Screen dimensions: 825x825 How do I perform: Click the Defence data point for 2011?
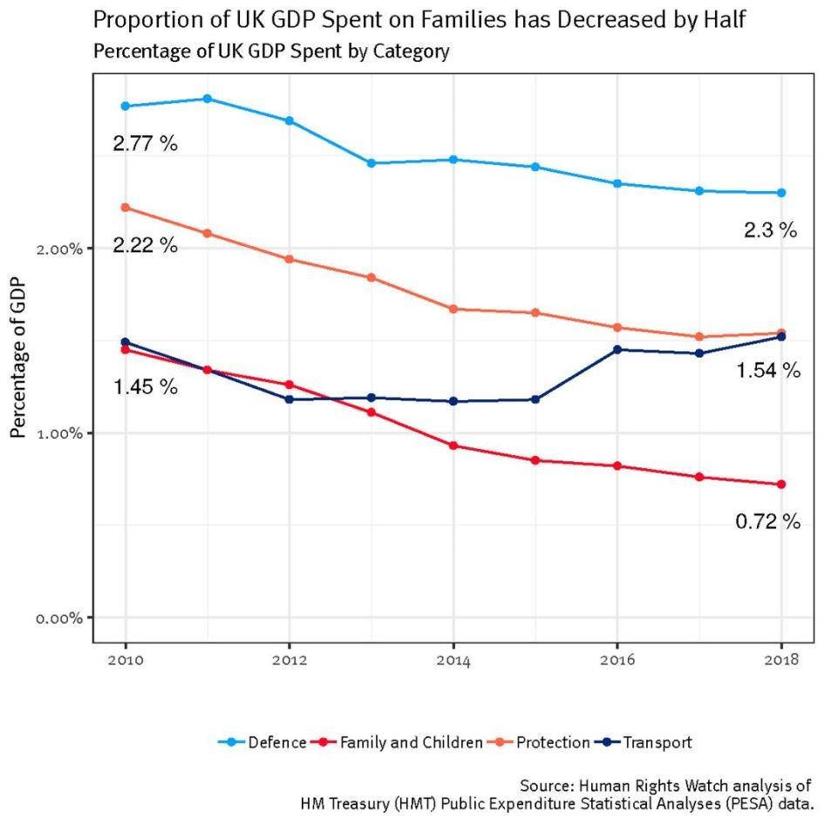click(x=208, y=99)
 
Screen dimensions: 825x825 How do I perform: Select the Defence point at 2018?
click(x=781, y=193)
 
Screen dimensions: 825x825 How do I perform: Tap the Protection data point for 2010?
click(x=126, y=208)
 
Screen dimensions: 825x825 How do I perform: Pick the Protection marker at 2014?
click(x=453, y=309)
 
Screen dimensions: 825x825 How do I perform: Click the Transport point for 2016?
click(x=617, y=350)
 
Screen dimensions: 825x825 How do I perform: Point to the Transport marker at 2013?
click(x=372, y=398)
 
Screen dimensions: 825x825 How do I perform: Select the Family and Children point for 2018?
click(x=781, y=484)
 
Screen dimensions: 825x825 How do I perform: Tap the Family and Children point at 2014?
click(x=453, y=446)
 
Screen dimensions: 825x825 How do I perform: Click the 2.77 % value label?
click(x=145, y=144)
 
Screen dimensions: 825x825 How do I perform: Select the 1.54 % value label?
click(x=767, y=371)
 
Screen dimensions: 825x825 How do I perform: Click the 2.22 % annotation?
click(x=145, y=245)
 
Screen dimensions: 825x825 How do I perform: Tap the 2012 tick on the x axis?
click(x=290, y=662)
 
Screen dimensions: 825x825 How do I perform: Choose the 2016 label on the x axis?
click(x=617, y=662)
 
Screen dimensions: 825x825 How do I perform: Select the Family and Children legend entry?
click(x=411, y=743)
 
